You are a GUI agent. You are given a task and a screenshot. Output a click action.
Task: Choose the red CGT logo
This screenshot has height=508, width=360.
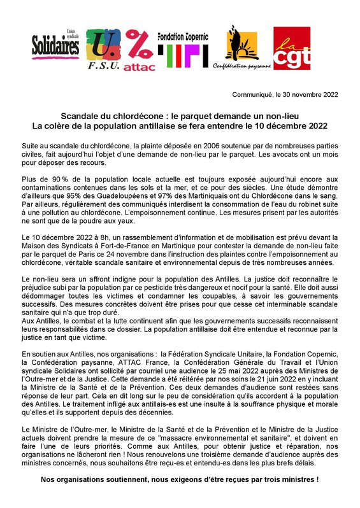[291, 48]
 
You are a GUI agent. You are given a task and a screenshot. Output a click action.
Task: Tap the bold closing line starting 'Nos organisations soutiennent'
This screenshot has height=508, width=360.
[180, 479]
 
